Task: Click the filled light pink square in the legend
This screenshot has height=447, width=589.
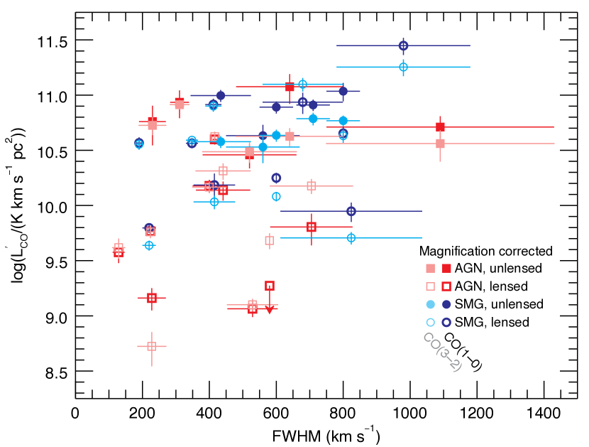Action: (x=430, y=269)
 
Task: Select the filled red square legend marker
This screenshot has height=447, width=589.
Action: (x=446, y=269)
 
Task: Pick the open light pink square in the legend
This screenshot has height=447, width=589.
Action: (x=430, y=286)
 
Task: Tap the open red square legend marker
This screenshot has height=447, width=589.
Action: (x=446, y=286)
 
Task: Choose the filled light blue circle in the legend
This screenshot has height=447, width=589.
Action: (x=430, y=304)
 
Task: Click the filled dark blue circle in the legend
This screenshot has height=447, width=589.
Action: (x=446, y=304)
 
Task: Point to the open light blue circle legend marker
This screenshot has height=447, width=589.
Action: (x=430, y=322)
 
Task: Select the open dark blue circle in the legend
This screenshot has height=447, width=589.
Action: (x=446, y=322)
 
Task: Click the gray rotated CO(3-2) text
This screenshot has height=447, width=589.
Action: (x=442, y=352)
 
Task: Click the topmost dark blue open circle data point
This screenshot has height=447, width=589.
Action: (x=403, y=45)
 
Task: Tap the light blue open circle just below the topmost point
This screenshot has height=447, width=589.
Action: (x=403, y=67)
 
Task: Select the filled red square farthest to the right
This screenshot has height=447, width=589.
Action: (x=440, y=127)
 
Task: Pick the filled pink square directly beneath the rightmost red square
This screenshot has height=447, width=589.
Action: (x=440, y=144)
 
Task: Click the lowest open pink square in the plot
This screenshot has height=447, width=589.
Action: (x=151, y=346)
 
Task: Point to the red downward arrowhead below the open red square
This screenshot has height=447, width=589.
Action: (x=270, y=310)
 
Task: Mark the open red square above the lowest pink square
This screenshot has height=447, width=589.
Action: (x=151, y=298)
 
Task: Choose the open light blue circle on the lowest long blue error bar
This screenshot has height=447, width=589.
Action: (x=351, y=238)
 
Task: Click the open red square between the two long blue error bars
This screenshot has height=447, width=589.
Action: (x=311, y=227)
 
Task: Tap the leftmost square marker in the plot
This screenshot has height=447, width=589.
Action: (x=119, y=249)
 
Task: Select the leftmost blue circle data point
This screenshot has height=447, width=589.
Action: (x=139, y=144)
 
